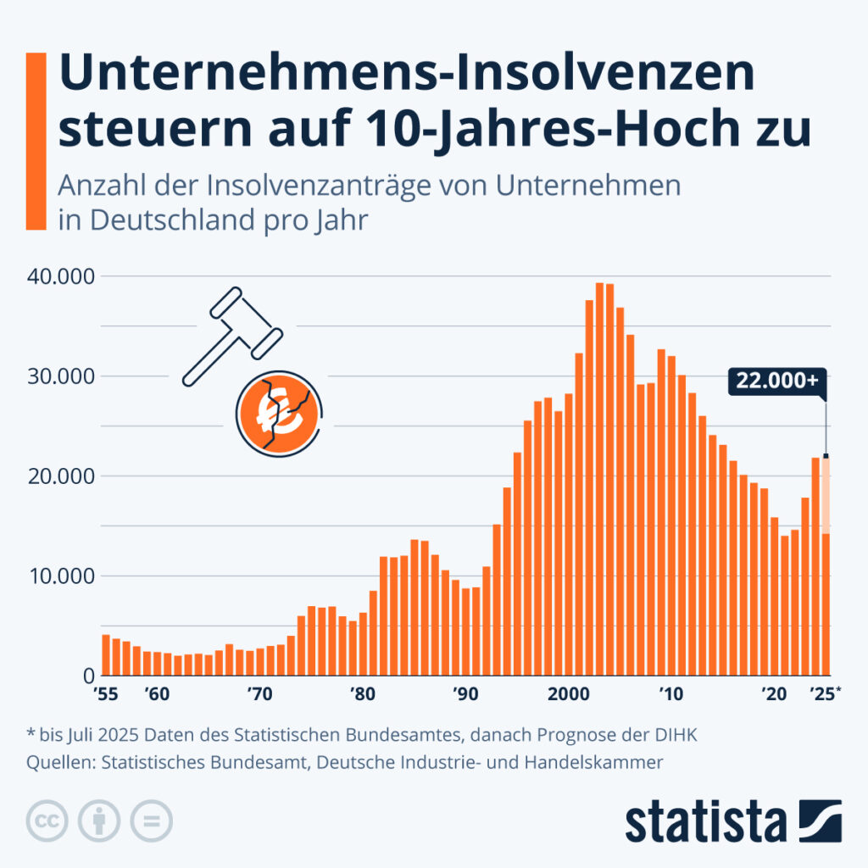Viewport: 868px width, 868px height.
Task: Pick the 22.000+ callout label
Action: click(x=776, y=381)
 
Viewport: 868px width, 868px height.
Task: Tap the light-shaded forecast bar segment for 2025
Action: click(x=825, y=496)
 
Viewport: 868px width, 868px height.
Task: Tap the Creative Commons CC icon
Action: click(x=48, y=821)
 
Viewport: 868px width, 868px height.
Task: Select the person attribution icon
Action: click(x=99, y=821)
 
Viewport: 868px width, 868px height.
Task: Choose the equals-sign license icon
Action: click(x=150, y=821)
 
